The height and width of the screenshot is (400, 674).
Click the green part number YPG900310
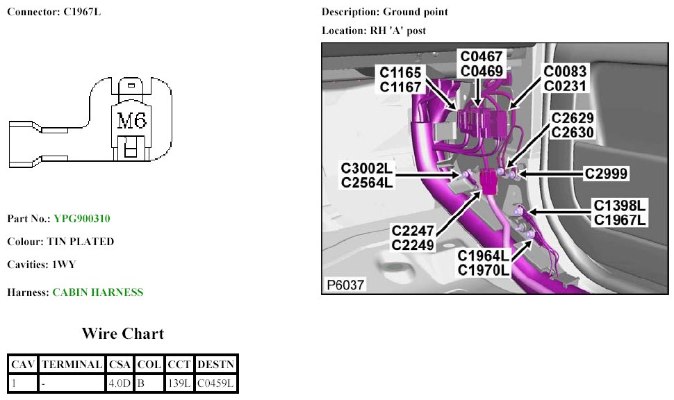pyautogui.click(x=82, y=219)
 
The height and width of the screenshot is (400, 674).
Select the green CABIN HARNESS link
pyautogui.click(x=98, y=292)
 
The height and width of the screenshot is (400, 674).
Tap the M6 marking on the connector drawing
pyautogui.click(x=131, y=122)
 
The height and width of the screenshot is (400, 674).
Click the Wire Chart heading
pyautogui.click(x=123, y=334)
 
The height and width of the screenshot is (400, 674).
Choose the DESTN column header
pyautogui.click(x=215, y=364)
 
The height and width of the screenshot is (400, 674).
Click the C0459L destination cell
pyautogui.click(x=215, y=382)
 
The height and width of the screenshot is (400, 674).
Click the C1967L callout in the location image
pyautogui.click(x=619, y=219)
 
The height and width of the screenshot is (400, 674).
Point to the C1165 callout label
pyautogui.click(x=402, y=72)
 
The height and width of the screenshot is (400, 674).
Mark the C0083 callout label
pyautogui.click(x=565, y=72)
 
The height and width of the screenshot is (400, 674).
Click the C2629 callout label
pyautogui.click(x=573, y=117)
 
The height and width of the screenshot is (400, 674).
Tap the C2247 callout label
pyautogui.click(x=413, y=231)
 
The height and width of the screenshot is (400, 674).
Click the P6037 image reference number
pyautogui.click(x=345, y=285)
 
